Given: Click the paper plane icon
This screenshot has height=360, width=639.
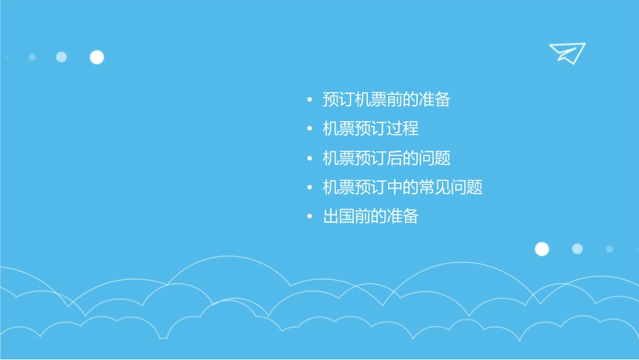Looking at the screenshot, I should pyautogui.click(x=567, y=52).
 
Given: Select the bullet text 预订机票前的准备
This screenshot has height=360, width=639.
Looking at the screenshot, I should pyautogui.click(x=386, y=100).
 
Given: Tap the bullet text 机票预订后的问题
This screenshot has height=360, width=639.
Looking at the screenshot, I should pyautogui.click(x=386, y=159).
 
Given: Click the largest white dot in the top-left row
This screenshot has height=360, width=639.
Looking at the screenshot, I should pyautogui.click(x=97, y=57).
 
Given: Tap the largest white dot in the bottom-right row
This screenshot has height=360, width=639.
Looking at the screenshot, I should pyautogui.click(x=541, y=249).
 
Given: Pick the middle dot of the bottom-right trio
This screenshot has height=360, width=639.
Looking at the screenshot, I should pyautogui.click(x=577, y=249).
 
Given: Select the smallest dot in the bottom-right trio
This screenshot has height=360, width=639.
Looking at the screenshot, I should pyautogui.click(x=609, y=249).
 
